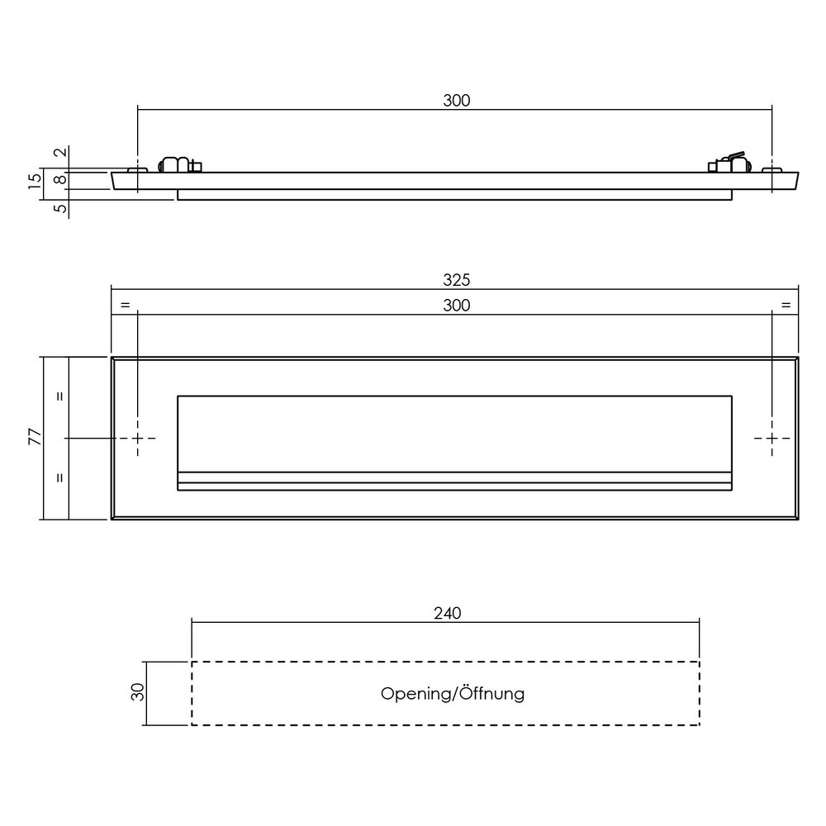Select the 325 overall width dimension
coord(455,281)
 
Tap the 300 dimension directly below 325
coord(455,306)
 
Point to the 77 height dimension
coord(35,438)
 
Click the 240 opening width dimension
coord(446,613)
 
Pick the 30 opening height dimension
coord(138,692)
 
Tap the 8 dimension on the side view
coord(59,180)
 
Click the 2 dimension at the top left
coord(59,154)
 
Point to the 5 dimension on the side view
coord(59,208)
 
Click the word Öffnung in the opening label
coord(492,694)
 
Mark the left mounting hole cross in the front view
coord(138,439)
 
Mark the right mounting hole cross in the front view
coord(771,439)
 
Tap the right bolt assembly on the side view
coord(730,164)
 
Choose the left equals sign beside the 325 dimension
coord(125,306)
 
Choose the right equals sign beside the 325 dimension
coord(785,306)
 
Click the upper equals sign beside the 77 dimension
coord(59,396)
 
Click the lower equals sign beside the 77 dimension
coord(59,477)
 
